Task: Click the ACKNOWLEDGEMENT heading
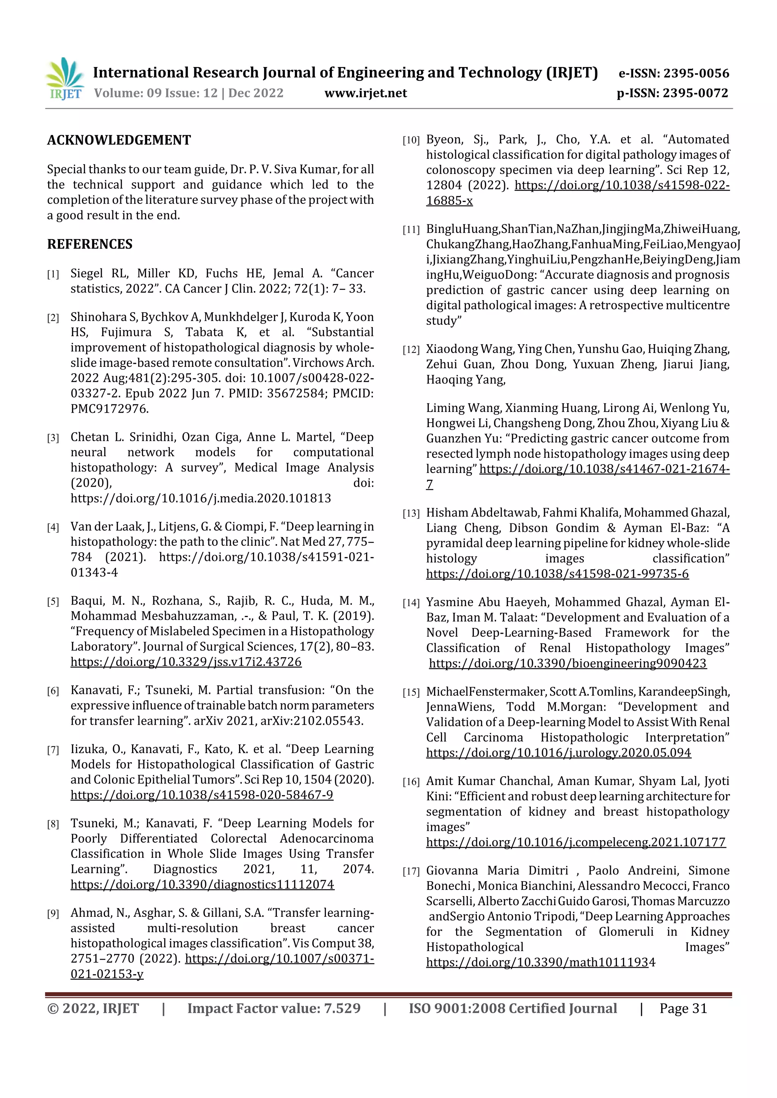[x=119, y=140]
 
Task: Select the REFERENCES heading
[x=90, y=244]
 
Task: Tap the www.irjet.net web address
[x=365, y=93]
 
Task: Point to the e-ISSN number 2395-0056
[x=696, y=73]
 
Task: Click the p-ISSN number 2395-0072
[x=695, y=93]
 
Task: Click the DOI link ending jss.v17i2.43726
[x=186, y=662]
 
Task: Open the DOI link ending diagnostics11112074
[x=202, y=885]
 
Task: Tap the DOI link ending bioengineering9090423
[x=567, y=663]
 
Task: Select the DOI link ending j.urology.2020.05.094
[x=558, y=753]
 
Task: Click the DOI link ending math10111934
[x=541, y=962]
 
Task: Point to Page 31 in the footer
[x=683, y=1009]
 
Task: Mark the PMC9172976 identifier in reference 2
[x=110, y=409]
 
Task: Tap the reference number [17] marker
[x=411, y=872]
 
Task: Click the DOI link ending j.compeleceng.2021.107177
[x=576, y=842]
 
